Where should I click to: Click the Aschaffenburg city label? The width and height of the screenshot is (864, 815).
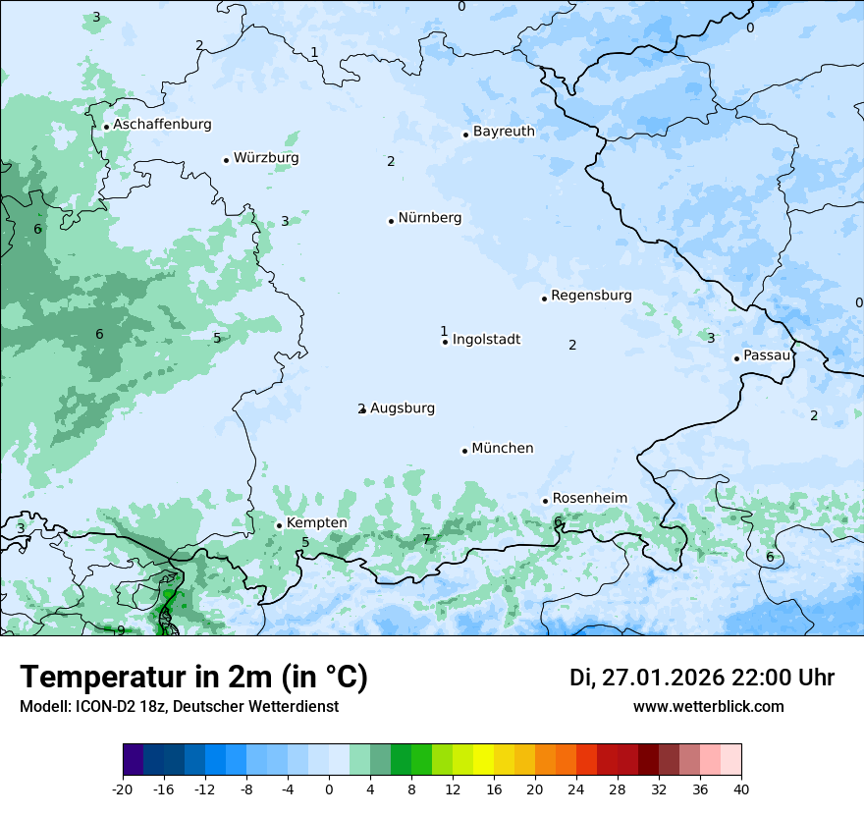(162, 125)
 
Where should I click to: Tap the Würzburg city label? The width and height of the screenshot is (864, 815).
(266, 158)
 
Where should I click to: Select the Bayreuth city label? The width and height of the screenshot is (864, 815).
(504, 132)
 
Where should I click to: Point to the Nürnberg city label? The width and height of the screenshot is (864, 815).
(429, 218)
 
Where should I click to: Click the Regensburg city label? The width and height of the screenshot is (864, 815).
(591, 296)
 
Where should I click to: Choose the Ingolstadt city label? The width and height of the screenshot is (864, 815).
(486, 340)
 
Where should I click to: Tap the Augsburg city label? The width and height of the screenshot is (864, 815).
(402, 408)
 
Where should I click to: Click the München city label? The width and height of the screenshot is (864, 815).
(503, 449)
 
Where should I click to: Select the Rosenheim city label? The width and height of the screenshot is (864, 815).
(589, 499)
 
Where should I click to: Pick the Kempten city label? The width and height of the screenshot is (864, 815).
(316, 523)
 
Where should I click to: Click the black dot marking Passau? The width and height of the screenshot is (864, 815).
(736, 358)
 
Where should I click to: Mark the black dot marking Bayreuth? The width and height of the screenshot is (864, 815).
(466, 135)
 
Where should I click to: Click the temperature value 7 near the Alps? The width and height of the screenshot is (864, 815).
(426, 539)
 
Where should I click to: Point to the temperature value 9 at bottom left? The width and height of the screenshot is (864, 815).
(121, 630)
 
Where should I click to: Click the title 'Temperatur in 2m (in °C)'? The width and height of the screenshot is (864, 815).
(193, 678)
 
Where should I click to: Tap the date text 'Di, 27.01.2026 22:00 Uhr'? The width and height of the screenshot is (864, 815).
(702, 678)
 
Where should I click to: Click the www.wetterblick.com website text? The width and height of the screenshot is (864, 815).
(708, 707)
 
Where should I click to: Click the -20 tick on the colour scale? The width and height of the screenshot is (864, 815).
(123, 788)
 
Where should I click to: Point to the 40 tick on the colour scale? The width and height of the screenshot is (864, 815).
(741, 788)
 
